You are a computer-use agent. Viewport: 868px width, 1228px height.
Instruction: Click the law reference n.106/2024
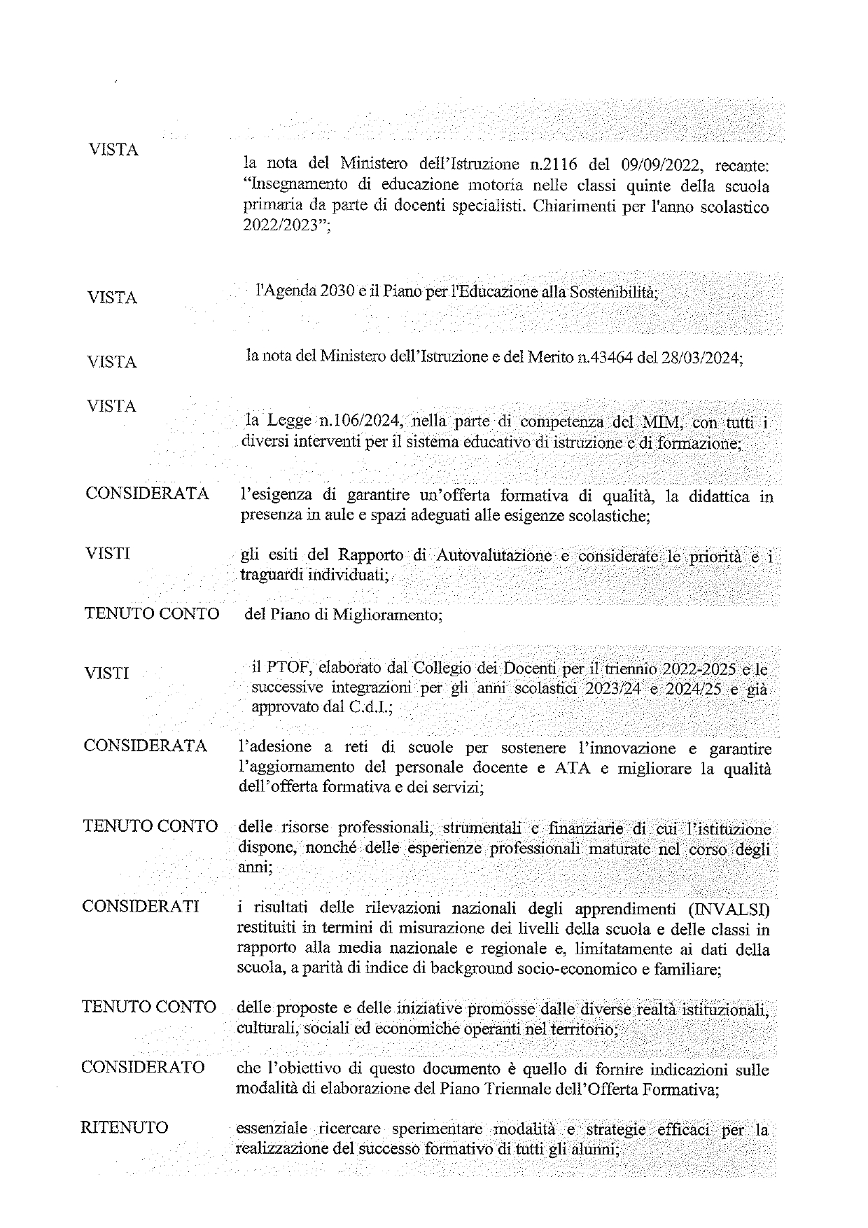click(360, 421)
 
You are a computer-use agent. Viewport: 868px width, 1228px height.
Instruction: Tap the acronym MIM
click(655, 422)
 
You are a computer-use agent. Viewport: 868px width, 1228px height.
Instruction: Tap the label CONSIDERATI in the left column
click(140, 906)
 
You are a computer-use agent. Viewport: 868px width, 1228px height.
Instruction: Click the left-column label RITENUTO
click(125, 1127)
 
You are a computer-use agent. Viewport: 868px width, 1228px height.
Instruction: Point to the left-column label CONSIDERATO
click(143, 1067)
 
